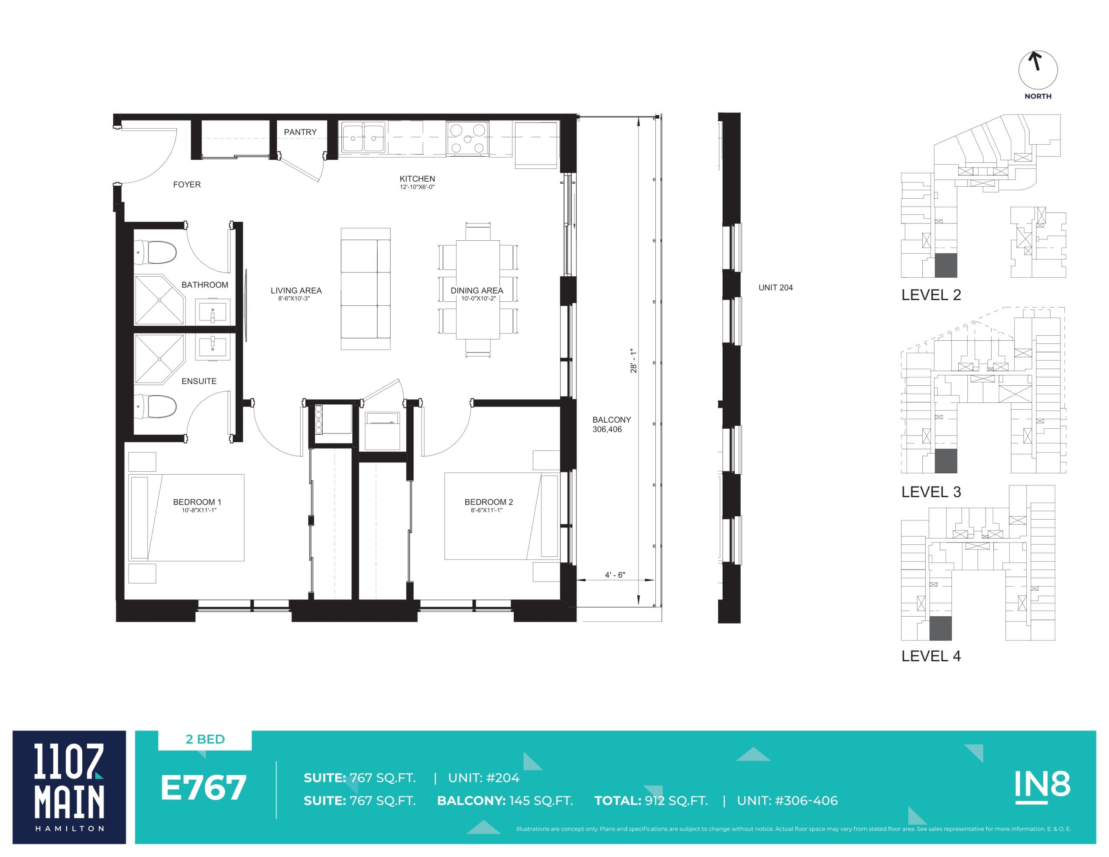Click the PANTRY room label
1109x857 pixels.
(x=300, y=132)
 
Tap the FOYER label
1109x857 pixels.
(x=187, y=184)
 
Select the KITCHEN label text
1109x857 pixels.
(x=417, y=179)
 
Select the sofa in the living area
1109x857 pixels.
(x=365, y=288)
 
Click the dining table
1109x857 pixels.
(x=477, y=289)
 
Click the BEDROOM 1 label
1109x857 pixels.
(x=197, y=501)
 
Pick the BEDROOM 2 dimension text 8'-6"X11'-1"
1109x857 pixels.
(x=486, y=510)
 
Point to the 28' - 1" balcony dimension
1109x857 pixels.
(x=633, y=360)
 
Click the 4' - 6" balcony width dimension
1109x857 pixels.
(x=614, y=575)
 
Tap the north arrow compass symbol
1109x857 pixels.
(x=1038, y=70)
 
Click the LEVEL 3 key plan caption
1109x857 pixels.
(x=931, y=492)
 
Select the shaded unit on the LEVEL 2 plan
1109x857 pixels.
(x=946, y=265)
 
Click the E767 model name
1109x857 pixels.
(x=203, y=788)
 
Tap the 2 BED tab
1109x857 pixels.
(x=205, y=739)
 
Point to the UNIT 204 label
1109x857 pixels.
(x=775, y=288)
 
